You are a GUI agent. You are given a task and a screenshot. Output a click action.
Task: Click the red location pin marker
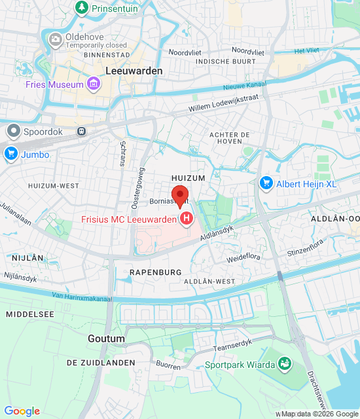pos(180,195)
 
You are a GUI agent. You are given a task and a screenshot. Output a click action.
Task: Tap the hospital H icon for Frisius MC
pos(187,218)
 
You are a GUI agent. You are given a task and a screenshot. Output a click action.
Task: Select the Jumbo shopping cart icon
pos(10,155)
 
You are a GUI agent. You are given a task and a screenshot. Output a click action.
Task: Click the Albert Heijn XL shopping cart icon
pos(266,183)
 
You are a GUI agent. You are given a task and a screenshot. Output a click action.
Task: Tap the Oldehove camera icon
pos(56,40)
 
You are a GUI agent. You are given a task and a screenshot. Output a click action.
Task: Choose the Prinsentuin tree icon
pos(82,7)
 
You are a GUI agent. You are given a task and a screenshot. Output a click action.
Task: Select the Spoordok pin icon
pos(12,130)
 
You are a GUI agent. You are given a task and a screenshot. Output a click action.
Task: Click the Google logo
pos(22,411)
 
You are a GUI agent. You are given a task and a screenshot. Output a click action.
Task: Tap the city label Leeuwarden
pos(134,71)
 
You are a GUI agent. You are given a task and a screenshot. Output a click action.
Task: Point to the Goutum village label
pos(106,338)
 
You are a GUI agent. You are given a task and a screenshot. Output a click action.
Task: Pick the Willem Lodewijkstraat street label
pos(223,103)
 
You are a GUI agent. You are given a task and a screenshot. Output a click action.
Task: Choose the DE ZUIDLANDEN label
pos(101,362)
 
